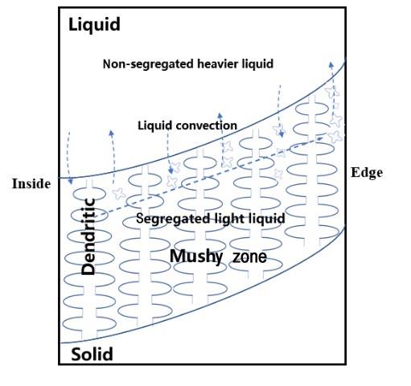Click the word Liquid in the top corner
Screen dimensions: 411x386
94,25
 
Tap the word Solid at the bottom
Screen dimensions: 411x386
92,354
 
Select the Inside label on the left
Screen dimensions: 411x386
31,184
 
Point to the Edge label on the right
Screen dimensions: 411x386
367,173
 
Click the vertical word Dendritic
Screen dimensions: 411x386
88,236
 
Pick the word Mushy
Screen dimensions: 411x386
196,257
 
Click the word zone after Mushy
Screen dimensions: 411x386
249,257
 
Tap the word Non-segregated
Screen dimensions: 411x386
149,64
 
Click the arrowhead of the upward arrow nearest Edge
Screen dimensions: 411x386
331,64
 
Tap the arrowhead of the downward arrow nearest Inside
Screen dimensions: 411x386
71,182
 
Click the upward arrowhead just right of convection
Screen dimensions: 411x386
220,116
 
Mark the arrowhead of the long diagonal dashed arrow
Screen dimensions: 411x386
320,138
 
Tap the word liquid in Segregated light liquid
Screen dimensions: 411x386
267,219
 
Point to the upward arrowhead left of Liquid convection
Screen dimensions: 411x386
112,133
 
